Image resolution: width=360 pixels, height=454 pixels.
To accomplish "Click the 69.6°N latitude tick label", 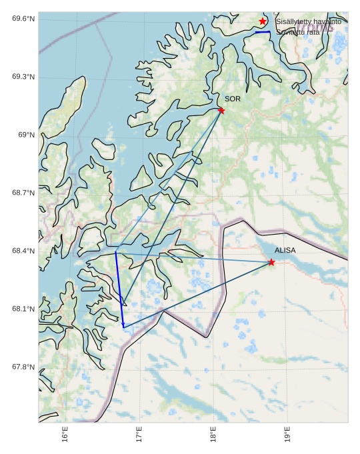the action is point(23,19).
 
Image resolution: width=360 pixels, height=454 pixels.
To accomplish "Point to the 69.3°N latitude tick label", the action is point(23,77).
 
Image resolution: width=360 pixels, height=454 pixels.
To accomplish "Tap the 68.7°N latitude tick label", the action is point(23,193).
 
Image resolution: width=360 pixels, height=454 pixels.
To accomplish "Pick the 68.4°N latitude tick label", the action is point(23,251).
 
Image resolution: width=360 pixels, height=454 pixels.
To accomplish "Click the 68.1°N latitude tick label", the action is point(23,309).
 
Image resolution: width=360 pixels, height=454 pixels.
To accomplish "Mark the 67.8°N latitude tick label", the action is point(23,367).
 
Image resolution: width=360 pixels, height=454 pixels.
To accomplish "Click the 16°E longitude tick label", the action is point(65,434).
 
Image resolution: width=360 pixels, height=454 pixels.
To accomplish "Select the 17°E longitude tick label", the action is point(139,434).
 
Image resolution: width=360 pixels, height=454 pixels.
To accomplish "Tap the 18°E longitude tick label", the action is point(213,434).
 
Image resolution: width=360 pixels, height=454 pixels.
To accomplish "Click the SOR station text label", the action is point(233,99).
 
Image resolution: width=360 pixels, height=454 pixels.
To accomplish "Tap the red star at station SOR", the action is point(221,111).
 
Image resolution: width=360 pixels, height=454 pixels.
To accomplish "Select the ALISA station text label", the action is point(285,250).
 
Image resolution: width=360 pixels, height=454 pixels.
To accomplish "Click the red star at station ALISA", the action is point(271,262).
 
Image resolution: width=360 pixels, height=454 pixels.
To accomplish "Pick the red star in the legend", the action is point(263,21).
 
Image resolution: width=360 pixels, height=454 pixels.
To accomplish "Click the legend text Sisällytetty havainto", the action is point(308,21).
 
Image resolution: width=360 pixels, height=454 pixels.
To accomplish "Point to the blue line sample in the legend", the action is point(263,32).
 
